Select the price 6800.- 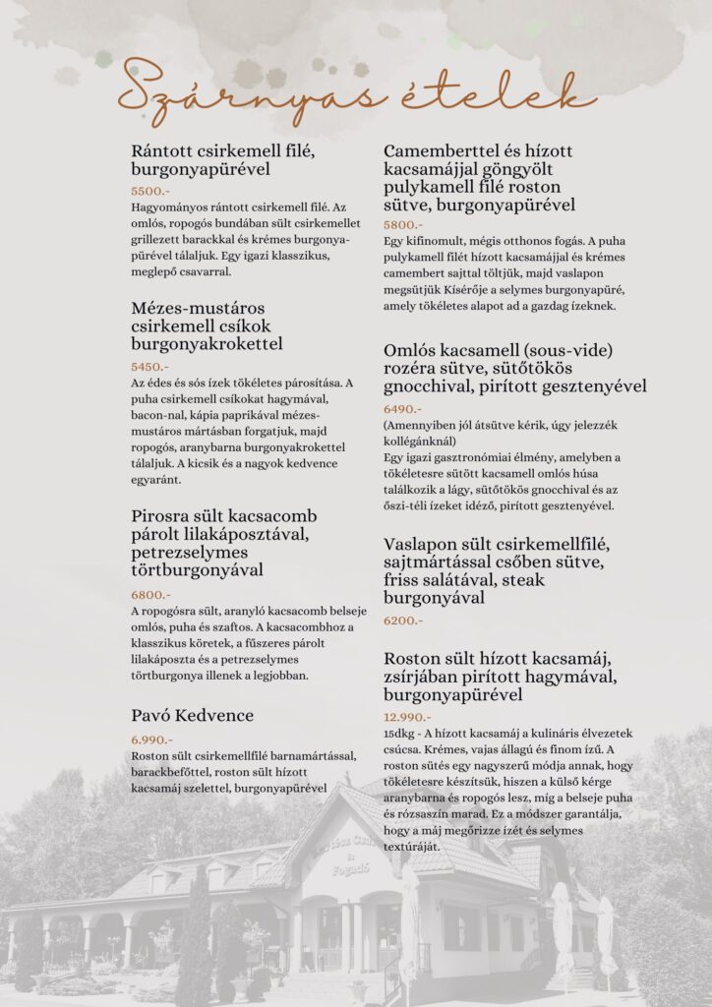coord(150,594)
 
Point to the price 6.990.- coord(152,740)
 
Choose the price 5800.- coord(403,225)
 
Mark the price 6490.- coord(403,408)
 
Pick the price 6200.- coord(403,621)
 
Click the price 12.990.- coord(407,717)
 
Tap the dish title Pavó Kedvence coord(192,715)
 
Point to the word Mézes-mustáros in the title coord(198,308)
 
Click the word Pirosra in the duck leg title coord(164,515)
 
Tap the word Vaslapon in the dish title coord(426,543)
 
